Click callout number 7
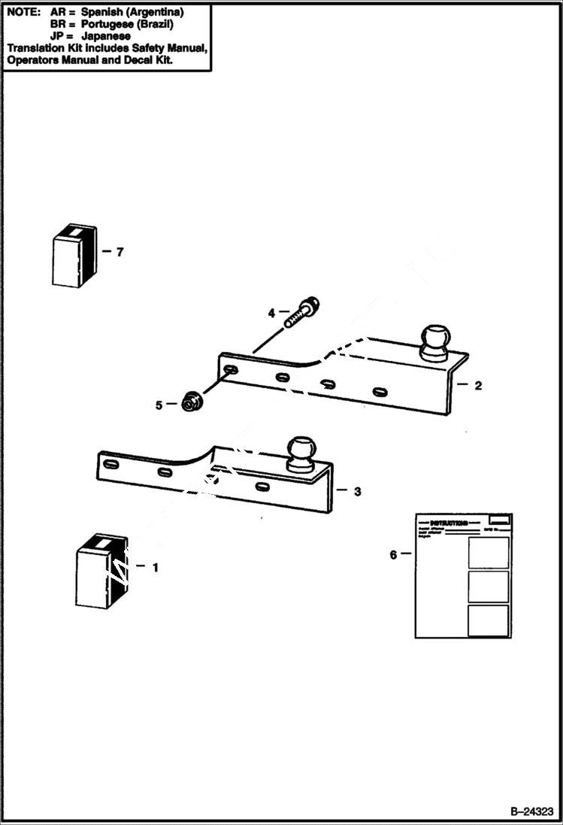pos(119,252)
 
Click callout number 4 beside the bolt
pos(273,311)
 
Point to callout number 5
pos(159,405)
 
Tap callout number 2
pos(478,385)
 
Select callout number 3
pos(357,491)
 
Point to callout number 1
pos(155,568)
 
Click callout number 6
pos(393,555)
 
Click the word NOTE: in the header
pos(23,13)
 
